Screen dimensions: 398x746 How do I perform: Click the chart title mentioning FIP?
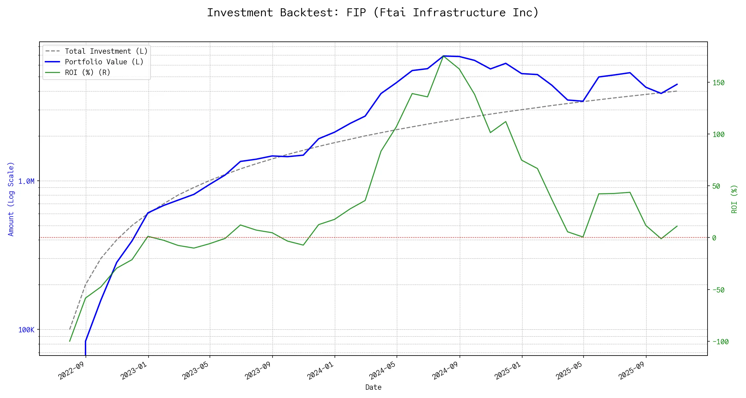[x=373, y=13]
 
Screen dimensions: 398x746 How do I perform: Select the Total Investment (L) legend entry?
[x=106, y=51]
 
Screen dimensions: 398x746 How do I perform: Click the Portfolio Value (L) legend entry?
[x=104, y=62]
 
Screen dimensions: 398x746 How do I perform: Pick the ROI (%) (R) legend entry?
[x=88, y=73]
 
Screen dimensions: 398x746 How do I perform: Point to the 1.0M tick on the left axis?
[x=26, y=181]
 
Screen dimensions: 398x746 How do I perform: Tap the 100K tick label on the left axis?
[x=26, y=330]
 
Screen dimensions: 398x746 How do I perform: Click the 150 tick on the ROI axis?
[x=718, y=83]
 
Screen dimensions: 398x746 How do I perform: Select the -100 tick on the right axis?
[x=720, y=342]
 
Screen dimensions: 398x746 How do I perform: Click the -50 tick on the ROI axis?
[x=718, y=290]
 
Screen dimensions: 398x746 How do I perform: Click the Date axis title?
[x=373, y=387]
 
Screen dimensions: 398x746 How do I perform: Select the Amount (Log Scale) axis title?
[x=11, y=199]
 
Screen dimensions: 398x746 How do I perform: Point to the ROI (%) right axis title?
[x=734, y=199]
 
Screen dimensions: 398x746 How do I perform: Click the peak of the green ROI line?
[x=444, y=56]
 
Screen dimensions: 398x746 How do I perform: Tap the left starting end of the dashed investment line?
[x=70, y=329]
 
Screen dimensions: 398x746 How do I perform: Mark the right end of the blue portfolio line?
[x=677, y=84]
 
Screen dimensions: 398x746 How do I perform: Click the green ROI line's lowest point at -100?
[x=70, y=341]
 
